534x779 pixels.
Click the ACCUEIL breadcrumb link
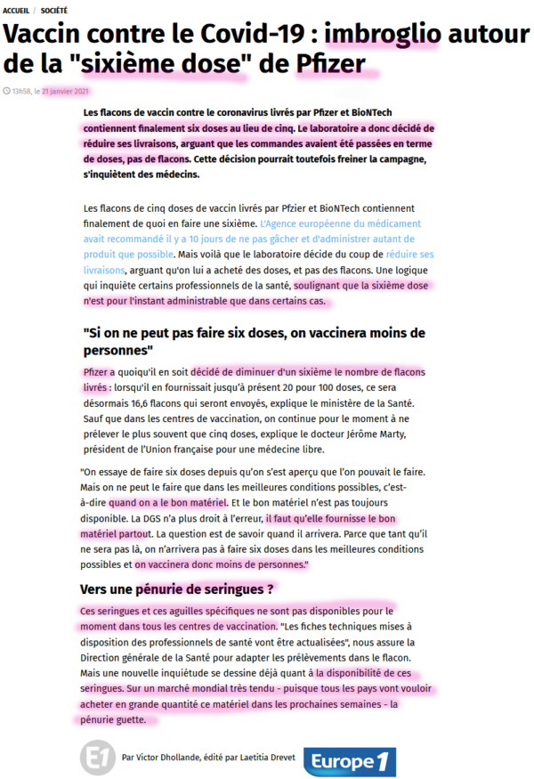[x=17, y=9]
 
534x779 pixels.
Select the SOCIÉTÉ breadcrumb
[x=58, y=9]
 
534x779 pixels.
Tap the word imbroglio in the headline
[x=383, y=35]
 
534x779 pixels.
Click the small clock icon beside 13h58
[x=7, y=91]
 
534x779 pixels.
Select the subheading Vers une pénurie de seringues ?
[x=177, y=588]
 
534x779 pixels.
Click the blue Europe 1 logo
[x=349, y=762]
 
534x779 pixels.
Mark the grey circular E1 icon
[x=96, y=758]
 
